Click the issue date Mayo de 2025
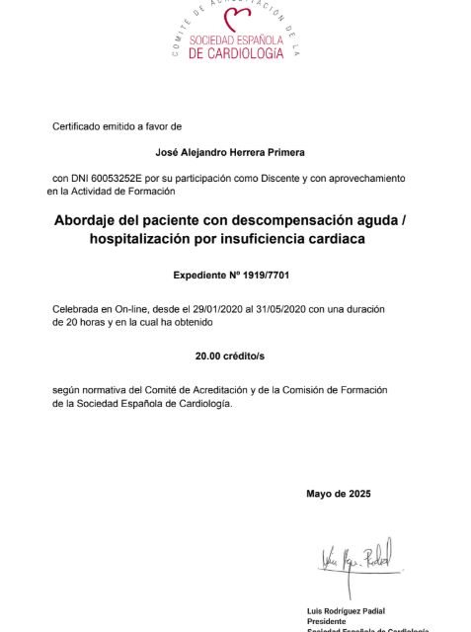(339, 493)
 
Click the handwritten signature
(354, 559)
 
